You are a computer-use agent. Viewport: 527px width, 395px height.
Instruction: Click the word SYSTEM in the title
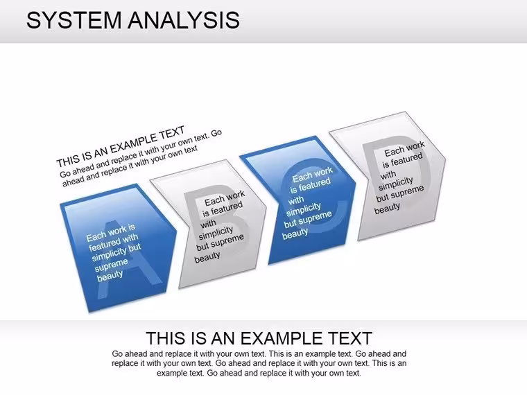[x=74, y=20]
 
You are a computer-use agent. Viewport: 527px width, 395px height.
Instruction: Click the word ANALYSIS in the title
[x=184, y=20]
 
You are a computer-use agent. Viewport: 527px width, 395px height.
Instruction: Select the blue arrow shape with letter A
[x=118, y=248]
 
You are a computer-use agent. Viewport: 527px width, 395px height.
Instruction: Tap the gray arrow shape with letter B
[x=209, y=223]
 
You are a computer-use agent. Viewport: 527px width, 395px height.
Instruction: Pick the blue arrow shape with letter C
[x=297, y=200]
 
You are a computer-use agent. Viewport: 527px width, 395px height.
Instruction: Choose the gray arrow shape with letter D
[x=388, y=175]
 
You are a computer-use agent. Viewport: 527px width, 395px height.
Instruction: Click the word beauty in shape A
[x=110, y=276]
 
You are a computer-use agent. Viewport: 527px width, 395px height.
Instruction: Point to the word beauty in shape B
[x=207, y=258]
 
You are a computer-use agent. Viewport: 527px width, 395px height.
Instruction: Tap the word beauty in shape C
[x=295, y=234]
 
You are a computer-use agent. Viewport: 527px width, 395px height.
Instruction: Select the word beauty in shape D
[x=387, y=209]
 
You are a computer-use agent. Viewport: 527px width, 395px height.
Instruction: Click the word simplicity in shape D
[x=395, y=184]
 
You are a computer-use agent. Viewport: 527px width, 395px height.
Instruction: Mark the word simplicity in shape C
[x=304, y=209]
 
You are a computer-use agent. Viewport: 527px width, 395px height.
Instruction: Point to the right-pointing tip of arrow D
[x=446, y=158]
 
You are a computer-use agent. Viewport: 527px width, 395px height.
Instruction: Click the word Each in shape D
[x=394, y=152]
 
